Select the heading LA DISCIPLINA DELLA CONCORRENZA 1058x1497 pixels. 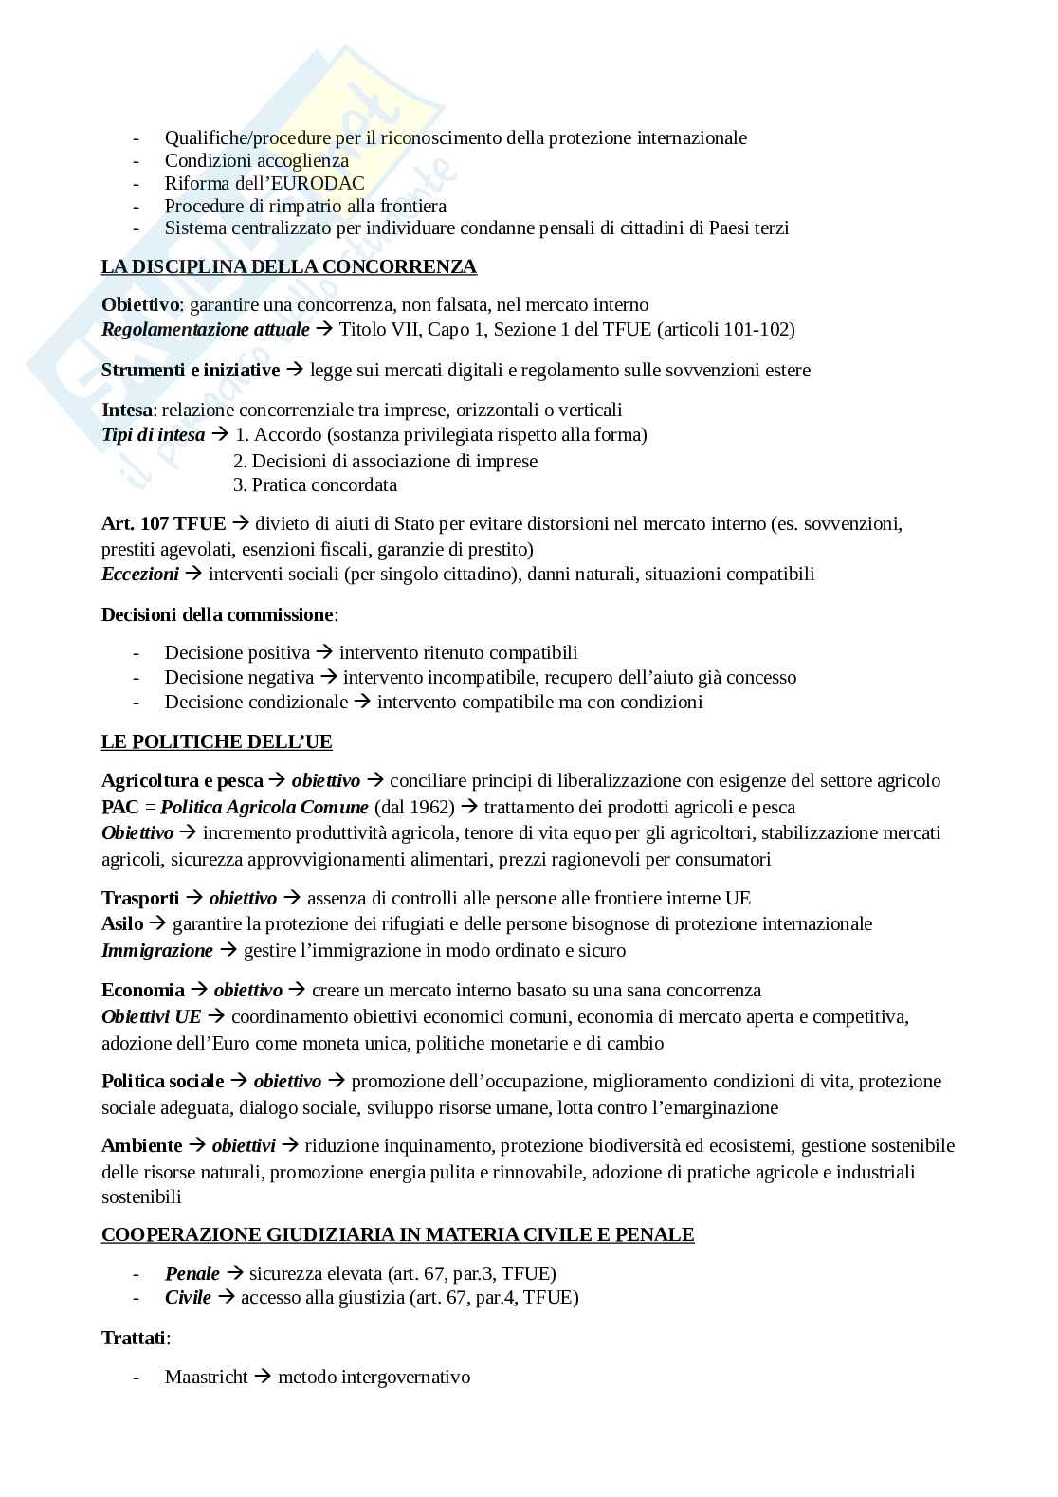(x=289, y=266)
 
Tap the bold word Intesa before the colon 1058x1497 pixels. (x=127, y=410)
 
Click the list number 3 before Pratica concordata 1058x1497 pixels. (x=239, y=484)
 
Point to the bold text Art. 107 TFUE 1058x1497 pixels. (x=163, y=523)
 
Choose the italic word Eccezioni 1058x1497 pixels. (x=139, y=574)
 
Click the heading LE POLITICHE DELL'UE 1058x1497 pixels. (x=216, y=741)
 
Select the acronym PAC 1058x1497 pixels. (x=120, y=807)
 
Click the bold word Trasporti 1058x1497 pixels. (x=140, y=898)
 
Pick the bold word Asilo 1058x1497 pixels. (x=122, y=923)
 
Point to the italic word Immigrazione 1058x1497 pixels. (x=157, y=949)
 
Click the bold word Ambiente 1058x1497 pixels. (x=141, y=1145)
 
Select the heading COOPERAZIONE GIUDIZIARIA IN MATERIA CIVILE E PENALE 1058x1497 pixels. (x=397, y=1234)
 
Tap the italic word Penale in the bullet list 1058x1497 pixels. (x=192, y=1273)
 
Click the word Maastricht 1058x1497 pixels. (x=206, y=1377)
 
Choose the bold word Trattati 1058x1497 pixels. (x=134, y=1338)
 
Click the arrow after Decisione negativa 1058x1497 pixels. (x=329, y=677)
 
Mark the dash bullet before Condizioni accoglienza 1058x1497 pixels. (x=137, y=160)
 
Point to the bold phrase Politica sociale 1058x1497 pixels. (x=163, y=1081)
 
